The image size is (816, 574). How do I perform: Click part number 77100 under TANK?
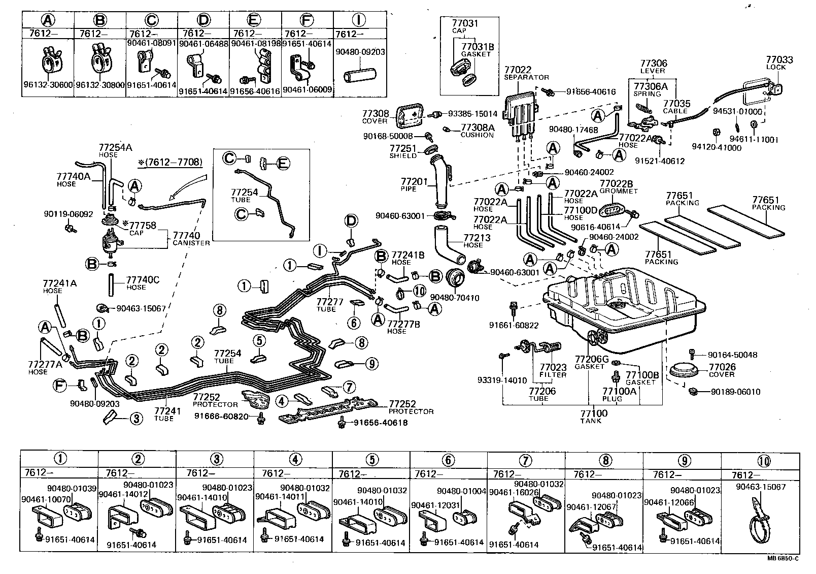click(594, 413)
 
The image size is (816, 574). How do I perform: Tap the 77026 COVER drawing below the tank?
click(685, 370)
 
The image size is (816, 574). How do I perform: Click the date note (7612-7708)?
click(169, 163)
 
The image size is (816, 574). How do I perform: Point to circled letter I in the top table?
click(359, 20)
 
